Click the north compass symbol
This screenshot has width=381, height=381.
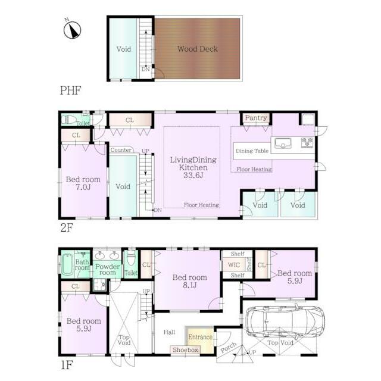(x=72, y=30)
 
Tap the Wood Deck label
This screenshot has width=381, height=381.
(x=198, y=49)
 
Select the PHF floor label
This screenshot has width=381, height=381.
(x=70, y=90)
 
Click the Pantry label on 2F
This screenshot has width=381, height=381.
(x=256, y=118)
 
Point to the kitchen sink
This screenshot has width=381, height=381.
(x=283, y=143)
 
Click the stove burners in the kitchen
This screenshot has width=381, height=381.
(x=307, y=143)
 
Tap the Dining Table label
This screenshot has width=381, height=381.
(x=252, y=151)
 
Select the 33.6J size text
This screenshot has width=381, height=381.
(x=193, y=175)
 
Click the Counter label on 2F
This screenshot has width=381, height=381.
(x=121, y=150)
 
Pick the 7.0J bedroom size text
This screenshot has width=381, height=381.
(x=83, y=187)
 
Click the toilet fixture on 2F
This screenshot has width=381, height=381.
(x=69, y=120)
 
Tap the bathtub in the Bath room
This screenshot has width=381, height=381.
(x=67, y=264)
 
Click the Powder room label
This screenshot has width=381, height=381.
(x=107, y=270)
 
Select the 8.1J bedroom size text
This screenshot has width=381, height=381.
(x=190, y=285)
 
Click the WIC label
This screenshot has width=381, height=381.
(x=234, y=265)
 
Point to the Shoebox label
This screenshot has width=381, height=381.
(x=186, y=350)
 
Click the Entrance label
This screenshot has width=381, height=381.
(x=201, y=337)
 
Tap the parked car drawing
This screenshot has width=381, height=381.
(x=285, y=321)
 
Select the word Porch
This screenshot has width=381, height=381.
(x=229, y=348)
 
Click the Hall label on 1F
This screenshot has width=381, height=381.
(x=169, y=332)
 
